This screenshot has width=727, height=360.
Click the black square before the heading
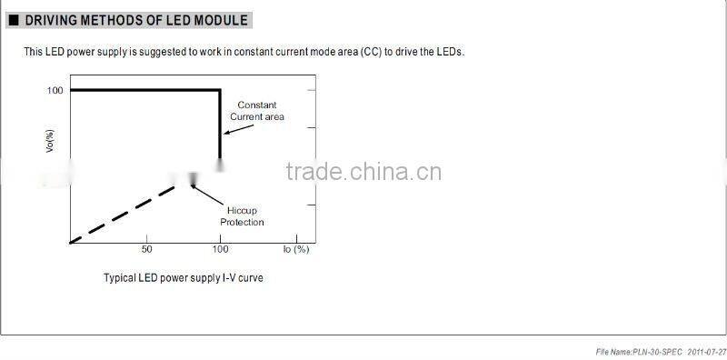coord(13,20)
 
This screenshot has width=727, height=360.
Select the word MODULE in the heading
coord(219,20)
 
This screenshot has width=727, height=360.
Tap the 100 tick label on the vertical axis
coord(55,91)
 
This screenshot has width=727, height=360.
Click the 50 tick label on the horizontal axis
coord(146,249)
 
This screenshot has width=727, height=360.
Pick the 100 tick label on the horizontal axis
coord(220,249)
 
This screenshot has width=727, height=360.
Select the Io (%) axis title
coord(296,249)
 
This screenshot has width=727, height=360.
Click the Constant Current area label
coord(256,111)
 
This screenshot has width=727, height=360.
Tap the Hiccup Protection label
coord(242,215)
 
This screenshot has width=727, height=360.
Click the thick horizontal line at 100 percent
coord(145,90)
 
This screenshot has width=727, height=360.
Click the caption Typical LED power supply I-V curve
coord(183,277)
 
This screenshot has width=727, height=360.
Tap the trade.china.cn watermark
coord(363,173)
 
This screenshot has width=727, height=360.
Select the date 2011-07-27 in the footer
coord(707,350)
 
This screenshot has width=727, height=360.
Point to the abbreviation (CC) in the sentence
coord(369,52)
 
